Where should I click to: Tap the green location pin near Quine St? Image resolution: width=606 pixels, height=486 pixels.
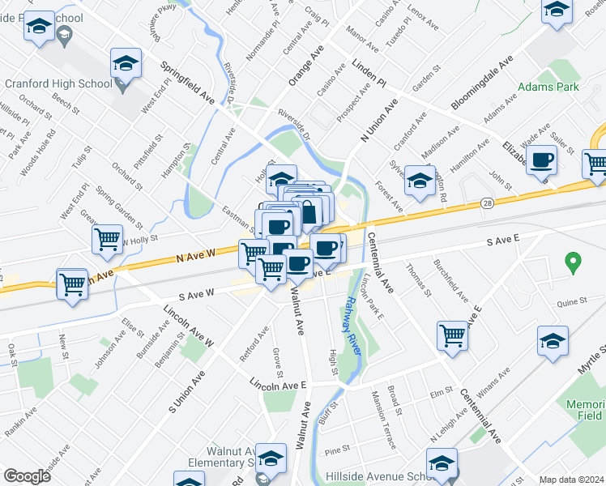click(x=573, y=262)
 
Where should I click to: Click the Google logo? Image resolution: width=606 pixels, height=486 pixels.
click(x=27, y=476)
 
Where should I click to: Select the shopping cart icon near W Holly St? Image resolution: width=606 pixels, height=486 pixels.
click(x=108, y=239)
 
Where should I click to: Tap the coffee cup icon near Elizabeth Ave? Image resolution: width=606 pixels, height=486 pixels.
click(x=541, y=160)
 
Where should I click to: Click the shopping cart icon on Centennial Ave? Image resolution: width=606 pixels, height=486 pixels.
click(x=452, y=335)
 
